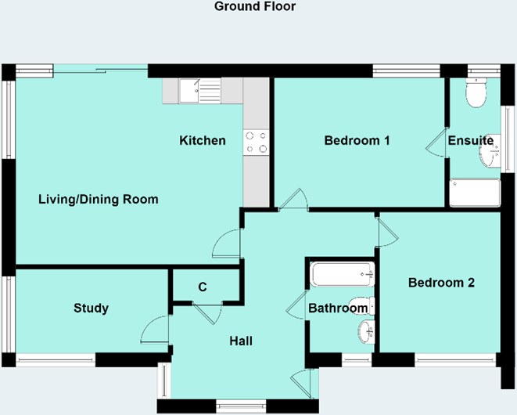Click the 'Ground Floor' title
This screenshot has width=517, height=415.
pyautogui.click(x=255, y=7)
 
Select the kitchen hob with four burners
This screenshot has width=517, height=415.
pyautogui.click(x=256, y=142)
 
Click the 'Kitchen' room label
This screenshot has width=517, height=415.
pyautogui.click(x=203, y=141)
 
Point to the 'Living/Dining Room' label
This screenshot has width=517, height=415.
pyautogui.click(x=99, y=200)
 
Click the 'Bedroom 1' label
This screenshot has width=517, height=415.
pyautogui.click(x=357, y=141)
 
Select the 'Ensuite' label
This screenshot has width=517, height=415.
pyautogui.click(x=470, y=141)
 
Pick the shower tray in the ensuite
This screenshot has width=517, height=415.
pyautogui.click(x=475, y=193)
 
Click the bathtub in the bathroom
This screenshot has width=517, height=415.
pyautogui.click(x=342, y=274)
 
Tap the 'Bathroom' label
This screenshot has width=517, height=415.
pyautogui.click(x=337, y=309)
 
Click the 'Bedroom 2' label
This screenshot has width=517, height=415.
pyautogui.click(x=441, y=283)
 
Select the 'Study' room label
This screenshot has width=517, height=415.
pyautogui.click(x=91, y=309)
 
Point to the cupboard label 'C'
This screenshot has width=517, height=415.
pyautogui.click(x=203, y=287)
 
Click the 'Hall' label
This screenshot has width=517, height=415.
pyautogui.click(x=241, y=341)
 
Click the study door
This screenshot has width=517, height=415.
pyautogui.click(x=156, y=329)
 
